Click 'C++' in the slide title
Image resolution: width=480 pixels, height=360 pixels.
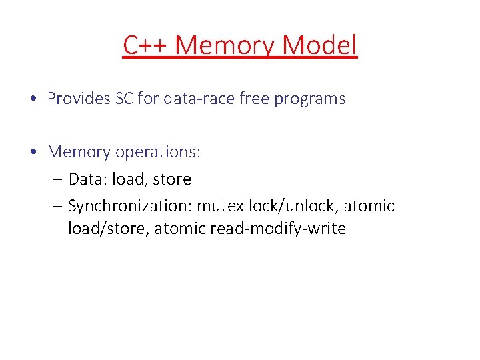(x=145, y=45)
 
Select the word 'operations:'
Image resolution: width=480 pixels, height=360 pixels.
(x=158, y=153)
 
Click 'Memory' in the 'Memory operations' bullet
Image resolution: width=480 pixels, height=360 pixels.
(x=79, y=153)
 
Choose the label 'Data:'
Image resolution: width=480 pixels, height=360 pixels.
(x=88, y=179)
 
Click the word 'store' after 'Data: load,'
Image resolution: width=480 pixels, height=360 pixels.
(x=172, y=179)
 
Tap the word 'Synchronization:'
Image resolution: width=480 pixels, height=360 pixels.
(x=130, y=207)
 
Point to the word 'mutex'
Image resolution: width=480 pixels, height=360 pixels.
(x=217, y=206)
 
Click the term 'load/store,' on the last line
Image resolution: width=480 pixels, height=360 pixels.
(x=109, y=229)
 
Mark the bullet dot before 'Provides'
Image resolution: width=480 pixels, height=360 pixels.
(x=33, y=99)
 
